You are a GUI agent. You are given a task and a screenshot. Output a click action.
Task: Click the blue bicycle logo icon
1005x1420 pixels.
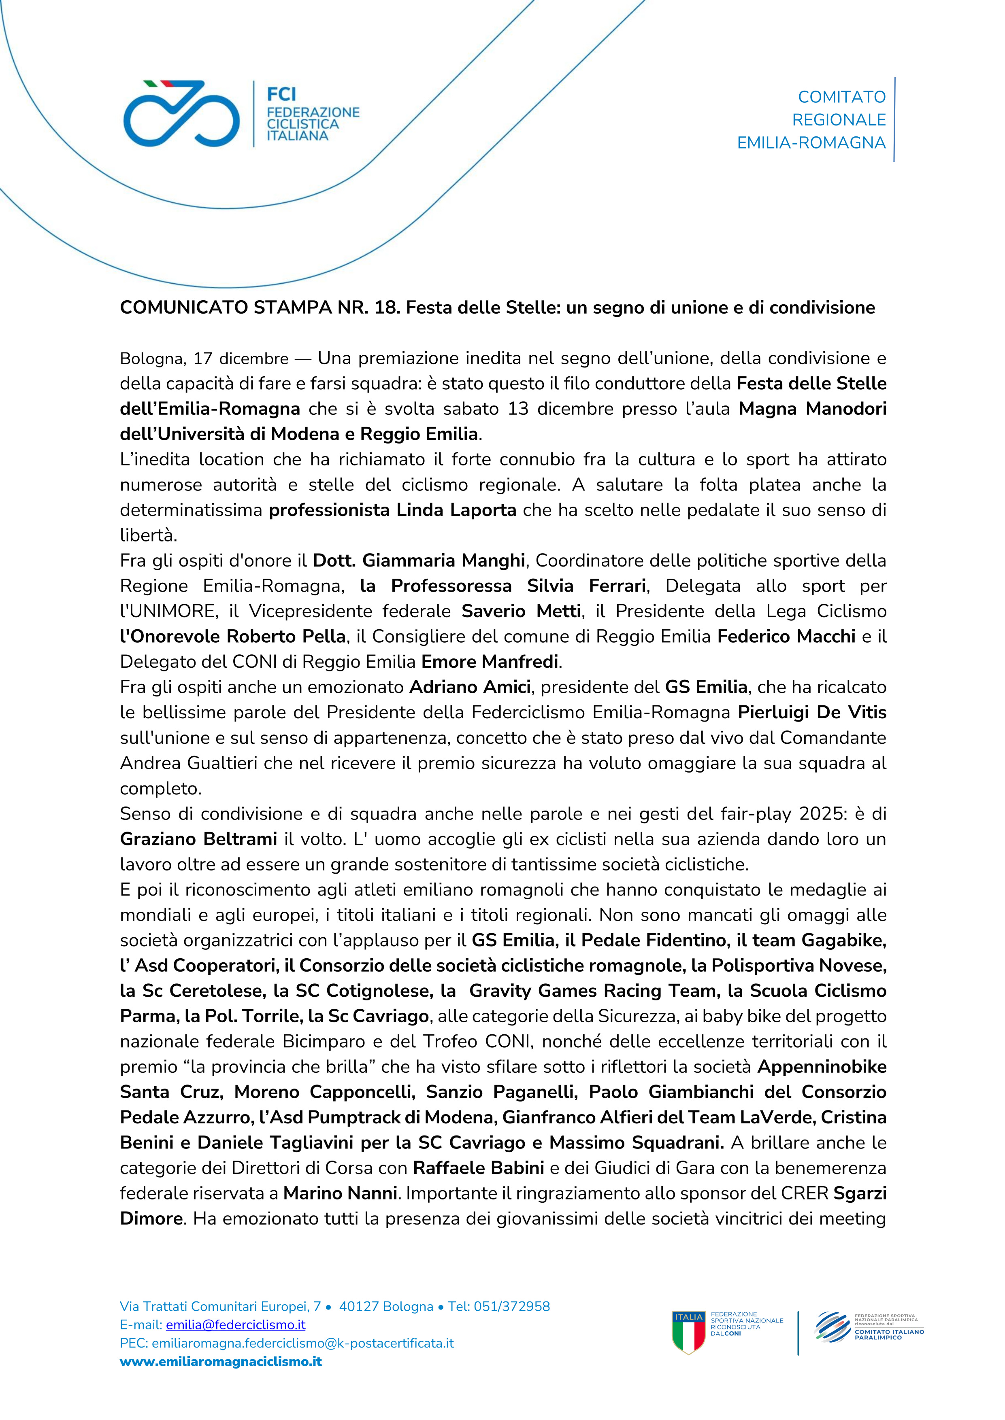coord(181,113)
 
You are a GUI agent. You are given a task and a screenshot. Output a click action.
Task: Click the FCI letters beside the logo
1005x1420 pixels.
coord(281,94)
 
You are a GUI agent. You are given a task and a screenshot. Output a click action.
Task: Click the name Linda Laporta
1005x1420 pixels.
coord(456,510)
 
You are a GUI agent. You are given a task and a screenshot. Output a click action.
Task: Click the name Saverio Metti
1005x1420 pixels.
coord(521,611)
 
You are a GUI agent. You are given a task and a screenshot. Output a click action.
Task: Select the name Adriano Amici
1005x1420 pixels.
coord(470,688)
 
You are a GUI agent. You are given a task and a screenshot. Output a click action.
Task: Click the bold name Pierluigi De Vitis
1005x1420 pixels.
coord(811,713)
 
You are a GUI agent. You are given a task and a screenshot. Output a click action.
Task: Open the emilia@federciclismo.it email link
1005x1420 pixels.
coord(236,1325)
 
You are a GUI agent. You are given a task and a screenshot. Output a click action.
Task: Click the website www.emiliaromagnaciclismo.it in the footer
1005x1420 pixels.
coord(221,1361)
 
